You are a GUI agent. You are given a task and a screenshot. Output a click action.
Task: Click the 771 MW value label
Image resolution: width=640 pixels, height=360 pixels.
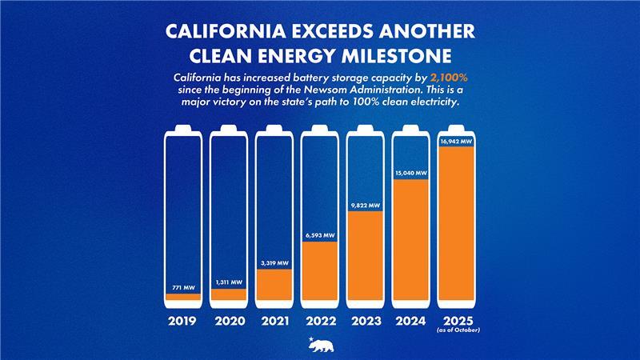click(x=183, y=286)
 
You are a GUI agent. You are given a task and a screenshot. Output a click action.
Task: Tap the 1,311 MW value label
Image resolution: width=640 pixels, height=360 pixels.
click(x=229, y=282)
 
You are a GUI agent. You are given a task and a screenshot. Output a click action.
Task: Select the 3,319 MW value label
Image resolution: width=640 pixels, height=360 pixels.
click(x=274, y=262)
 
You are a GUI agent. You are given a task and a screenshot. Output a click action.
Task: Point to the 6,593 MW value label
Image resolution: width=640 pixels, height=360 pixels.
click(x=320, y=235)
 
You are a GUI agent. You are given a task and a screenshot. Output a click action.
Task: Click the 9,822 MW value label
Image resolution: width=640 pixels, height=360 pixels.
click(x=366, y=205)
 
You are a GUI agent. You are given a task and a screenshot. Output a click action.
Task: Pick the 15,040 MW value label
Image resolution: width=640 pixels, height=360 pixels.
click(x=411, y=172)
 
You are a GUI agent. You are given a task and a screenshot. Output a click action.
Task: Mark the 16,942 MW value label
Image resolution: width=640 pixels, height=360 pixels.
click(x=457, y=142)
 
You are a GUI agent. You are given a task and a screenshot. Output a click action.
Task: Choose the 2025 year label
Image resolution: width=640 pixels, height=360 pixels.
click(x=457, y=319)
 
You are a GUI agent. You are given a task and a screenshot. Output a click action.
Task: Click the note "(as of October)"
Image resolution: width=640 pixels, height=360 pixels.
click(x=457, y=330)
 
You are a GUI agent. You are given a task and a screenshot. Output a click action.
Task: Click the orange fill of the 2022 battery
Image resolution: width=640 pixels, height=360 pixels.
click(x=320, y=272)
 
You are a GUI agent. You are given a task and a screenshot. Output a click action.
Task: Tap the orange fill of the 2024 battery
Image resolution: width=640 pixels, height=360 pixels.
click(x=411, y=240)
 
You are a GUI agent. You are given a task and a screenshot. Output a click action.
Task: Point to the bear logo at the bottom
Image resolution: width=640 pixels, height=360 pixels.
click(x=320, y=344)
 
